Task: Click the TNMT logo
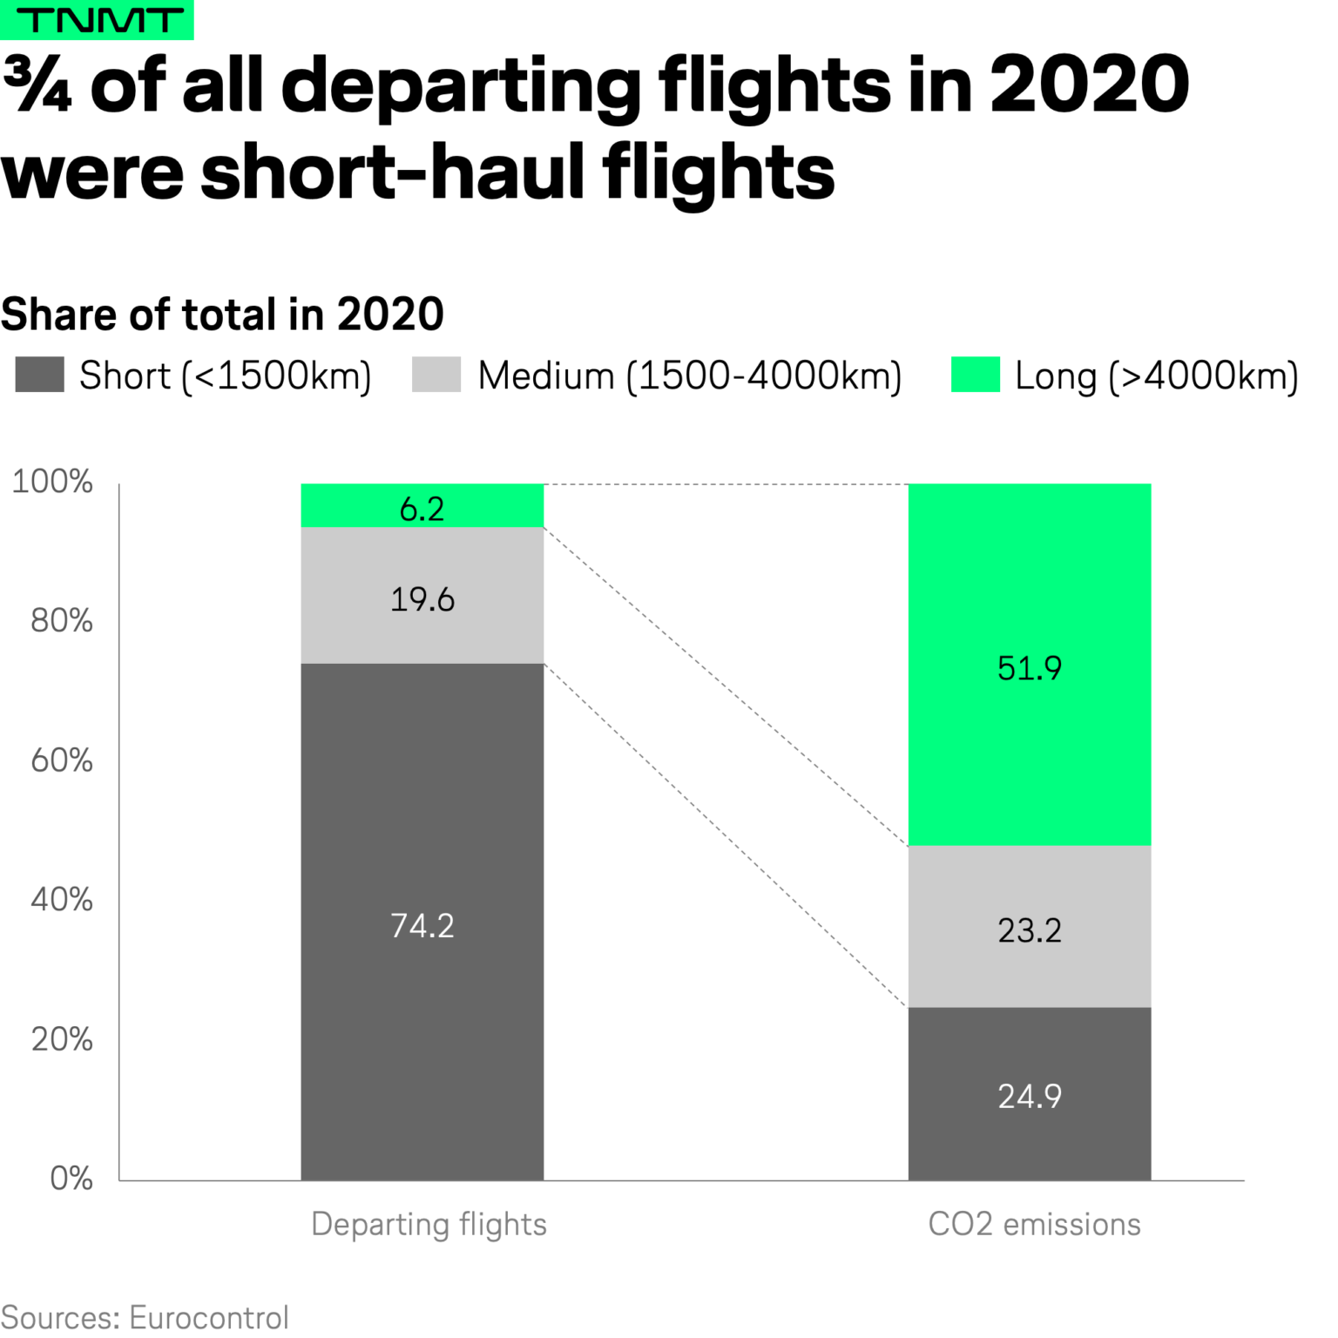pyautogui.click(x=97, y=20)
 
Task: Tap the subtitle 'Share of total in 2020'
pyautogui.click(x=222, y=314)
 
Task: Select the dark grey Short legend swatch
pyautogui.click(x=40, y=375)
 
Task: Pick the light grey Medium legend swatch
pyautogui.click(x=436, y=375)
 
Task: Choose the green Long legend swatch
pyautogui.click(x=975, y=375)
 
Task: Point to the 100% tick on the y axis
pyautogui.click(x=52, y=481)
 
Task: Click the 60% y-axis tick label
pyautogui.click(x=61, y=760)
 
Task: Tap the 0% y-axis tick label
pyautogui.click(x=71, y=1178)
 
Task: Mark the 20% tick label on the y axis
pyautogui.click(x=61, y=1038)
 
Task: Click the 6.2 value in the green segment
pyautogui.click(x=422, y=509)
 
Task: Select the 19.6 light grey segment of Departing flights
pyautogui.click(x=422, y=599)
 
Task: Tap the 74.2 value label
pyautogui.click(x=422, y=925)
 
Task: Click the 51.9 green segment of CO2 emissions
pyautogui.click(x=1029, y=668)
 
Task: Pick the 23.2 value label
pyautogui.click(x=1029, y=930)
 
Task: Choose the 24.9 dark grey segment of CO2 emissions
pyautogui.click(x=1029, y=1096)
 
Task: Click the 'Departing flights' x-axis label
pyautogui.click(x=429, y=1224)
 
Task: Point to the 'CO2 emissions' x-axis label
pyautogui.click(x=1034, y=1224)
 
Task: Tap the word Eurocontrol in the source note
pyautogui.click(x=209, y=1317)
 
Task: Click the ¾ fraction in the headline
pyautogui.click(x=37, y=84)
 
